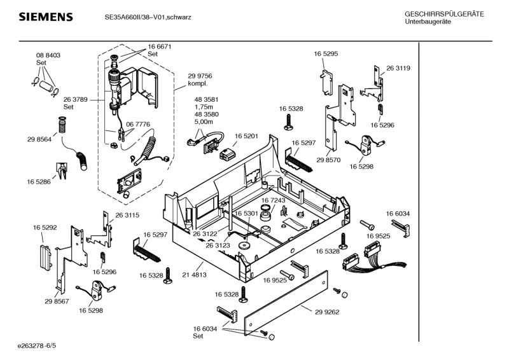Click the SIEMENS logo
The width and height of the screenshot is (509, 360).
(x=45, y=17)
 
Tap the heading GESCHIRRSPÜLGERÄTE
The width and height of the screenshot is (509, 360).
(x=444, y=14)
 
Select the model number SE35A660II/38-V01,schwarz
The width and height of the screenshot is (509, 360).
(x=148, y=17)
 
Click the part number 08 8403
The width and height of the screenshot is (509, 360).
(x=48, y=55)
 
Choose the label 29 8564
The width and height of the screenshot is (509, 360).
(x=39, y=139)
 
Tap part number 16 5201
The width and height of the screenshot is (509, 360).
(x=246, y=136)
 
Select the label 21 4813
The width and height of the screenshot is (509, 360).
(x=194, y=275)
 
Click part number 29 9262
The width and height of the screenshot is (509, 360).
(x=327, y=312)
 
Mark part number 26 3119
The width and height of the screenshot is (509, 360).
(x=398, y=68)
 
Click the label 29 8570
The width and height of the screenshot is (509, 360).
(x=328, y=161)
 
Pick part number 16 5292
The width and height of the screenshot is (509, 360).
(x=45, y=226)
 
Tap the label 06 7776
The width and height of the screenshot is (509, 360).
(x=138, y=124)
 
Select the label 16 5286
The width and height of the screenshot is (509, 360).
(x=39, y=182)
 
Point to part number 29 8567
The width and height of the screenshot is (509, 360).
(x=57, y=301)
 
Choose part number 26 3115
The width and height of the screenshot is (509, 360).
(x=127, y=215)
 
